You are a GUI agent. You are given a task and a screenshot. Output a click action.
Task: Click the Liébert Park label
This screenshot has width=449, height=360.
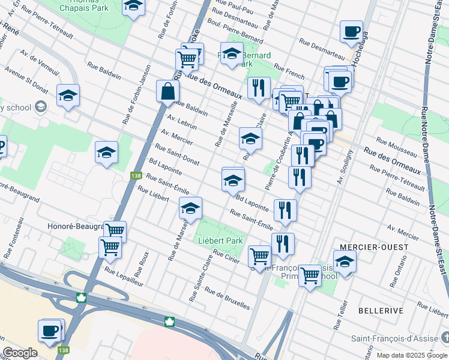(x=220, y=241)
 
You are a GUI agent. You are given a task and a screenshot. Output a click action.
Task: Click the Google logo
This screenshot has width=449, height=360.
(x=20, y=353)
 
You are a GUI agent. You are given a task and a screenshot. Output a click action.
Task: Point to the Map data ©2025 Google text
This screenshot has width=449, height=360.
(x=412, y=355)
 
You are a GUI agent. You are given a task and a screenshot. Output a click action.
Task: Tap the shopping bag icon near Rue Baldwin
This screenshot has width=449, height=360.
(x=167, y=91)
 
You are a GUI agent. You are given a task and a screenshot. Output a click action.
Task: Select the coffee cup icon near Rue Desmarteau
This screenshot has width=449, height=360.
(x=351, y=31)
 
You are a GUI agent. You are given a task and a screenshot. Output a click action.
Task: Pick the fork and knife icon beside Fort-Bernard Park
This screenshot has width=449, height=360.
(x=259, y=88)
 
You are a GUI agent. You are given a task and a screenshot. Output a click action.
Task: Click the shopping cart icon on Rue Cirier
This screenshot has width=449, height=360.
(x=259, y=256)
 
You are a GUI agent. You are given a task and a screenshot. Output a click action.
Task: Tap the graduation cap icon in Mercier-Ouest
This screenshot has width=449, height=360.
(x=345, y=261)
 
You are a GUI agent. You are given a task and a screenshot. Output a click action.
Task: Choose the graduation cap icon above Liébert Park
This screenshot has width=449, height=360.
(x=191, y=209)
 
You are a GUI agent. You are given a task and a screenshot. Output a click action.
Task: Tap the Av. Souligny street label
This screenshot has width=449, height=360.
(x=343, y=173)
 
